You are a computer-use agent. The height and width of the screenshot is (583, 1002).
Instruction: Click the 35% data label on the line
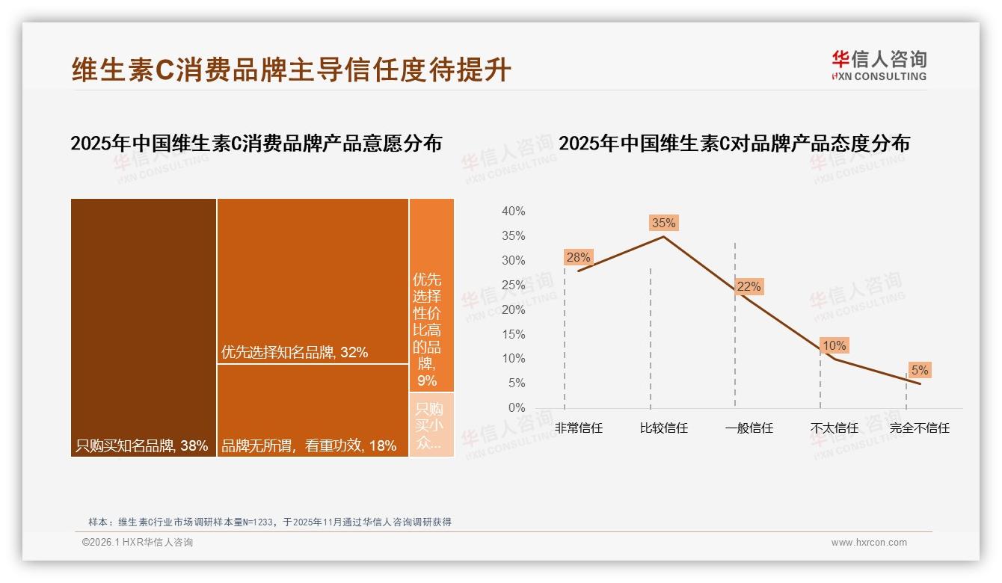663,223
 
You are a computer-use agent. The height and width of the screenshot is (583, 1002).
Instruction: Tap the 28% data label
578,257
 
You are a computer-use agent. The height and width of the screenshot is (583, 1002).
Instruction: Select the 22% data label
749,286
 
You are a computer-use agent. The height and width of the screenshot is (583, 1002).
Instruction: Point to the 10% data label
834,345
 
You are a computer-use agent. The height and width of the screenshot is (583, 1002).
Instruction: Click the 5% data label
919,370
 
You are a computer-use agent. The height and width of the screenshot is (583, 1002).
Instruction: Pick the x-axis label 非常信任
579,428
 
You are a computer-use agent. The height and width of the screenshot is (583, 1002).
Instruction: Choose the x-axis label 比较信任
664,428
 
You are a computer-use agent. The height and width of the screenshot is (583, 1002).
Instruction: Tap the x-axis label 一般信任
749,428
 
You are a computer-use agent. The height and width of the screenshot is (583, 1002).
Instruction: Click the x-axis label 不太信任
835,428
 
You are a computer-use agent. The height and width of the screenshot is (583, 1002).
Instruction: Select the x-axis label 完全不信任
920,428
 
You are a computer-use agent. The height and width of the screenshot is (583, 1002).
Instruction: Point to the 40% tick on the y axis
513,212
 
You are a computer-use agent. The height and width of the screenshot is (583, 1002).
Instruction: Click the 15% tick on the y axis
513,334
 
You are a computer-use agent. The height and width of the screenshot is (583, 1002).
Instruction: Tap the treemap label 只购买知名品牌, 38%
141,446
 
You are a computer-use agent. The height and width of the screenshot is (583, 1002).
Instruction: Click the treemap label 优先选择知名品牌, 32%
295,353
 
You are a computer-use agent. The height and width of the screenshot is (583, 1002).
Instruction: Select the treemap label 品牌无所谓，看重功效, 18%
309,446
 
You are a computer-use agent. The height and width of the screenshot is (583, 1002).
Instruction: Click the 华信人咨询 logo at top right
879,65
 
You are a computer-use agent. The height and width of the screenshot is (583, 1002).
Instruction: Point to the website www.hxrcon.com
869,543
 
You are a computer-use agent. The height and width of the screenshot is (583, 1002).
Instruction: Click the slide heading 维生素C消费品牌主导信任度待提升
292,70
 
